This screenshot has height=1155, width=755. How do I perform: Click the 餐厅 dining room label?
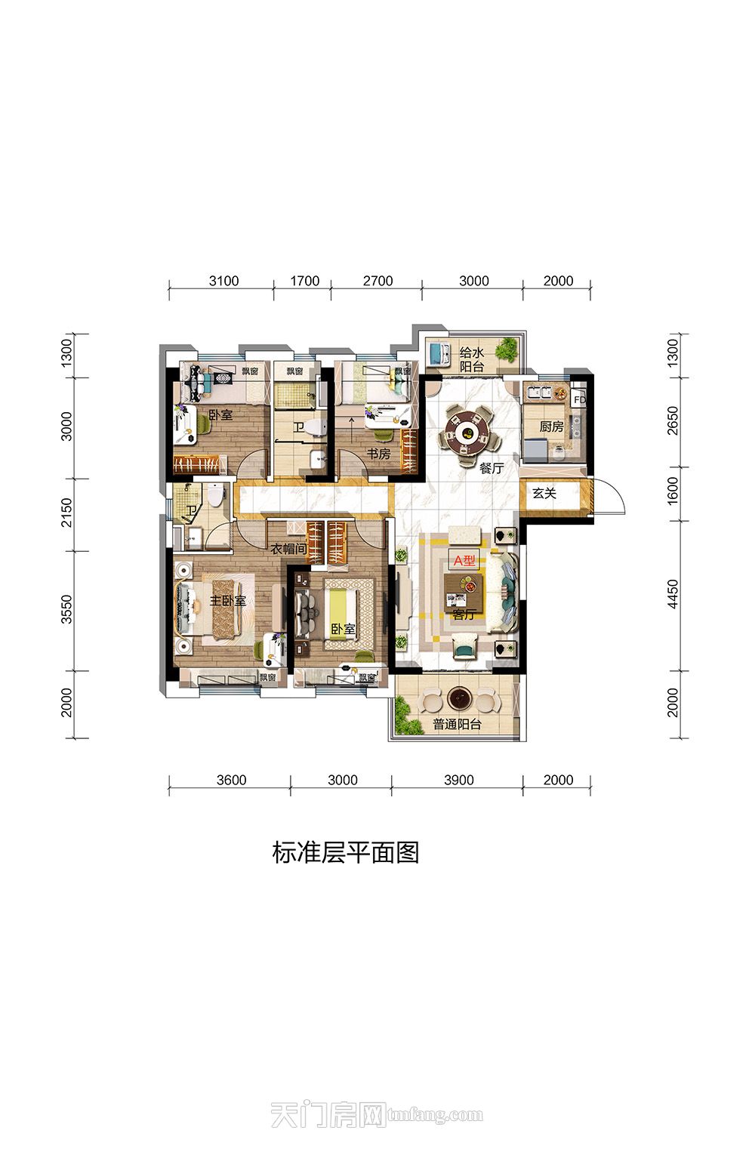coord(492,468)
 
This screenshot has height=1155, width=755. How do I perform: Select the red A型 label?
coord(464,561)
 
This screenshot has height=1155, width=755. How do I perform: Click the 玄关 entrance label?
coord(544,494)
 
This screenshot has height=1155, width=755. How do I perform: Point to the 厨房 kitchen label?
coord(551,427)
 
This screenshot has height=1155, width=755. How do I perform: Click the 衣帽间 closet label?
coord(288,550)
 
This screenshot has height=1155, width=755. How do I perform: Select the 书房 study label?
coord(378,454)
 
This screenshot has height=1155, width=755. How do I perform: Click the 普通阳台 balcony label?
coord(457,725)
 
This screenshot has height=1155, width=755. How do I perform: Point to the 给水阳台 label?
coord(472,359)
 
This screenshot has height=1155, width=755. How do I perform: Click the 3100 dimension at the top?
coord(223,281)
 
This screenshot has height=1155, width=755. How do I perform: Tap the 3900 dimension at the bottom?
coord(458,780)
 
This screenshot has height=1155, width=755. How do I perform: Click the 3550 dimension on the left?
coord(67,609)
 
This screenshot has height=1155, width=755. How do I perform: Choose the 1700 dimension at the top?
coord(305,281)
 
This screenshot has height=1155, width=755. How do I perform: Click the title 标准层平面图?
coord(346,852)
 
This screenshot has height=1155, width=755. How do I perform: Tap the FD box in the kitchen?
coord(579,399)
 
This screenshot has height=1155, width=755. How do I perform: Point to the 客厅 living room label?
coord(464,614)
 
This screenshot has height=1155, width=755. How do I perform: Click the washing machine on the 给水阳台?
coord(437,353)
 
